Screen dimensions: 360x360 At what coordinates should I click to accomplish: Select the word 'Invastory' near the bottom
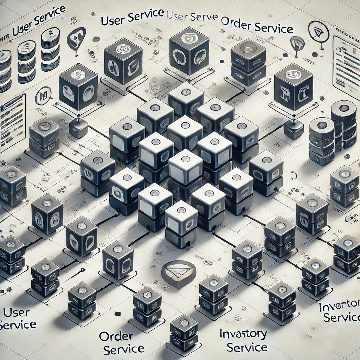(243, 334)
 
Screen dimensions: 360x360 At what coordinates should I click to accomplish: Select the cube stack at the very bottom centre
(184, 333)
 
